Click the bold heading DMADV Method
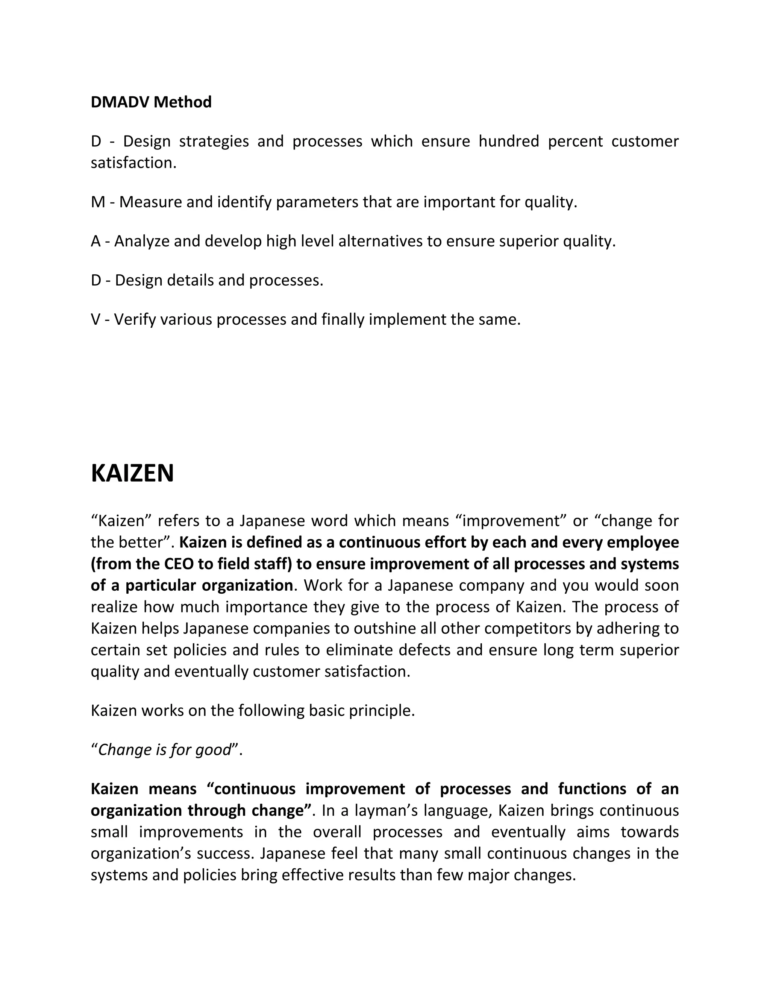[x=151, y=102]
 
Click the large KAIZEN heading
[x=132, y=473]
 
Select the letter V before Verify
[x=95, y=319]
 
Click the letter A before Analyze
[x=96, y=241]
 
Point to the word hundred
[x=509, y=141]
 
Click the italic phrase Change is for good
[x=165, y=749]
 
